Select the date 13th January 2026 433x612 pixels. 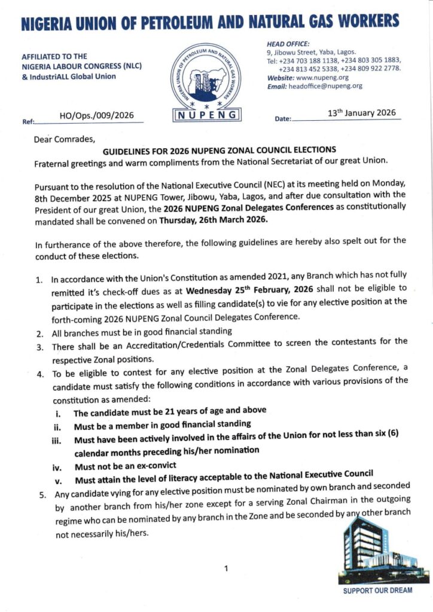[361, 112]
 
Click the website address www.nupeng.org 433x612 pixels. [322, 78]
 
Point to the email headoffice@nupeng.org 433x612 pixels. [325, 86]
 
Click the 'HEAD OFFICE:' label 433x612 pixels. [288, 44]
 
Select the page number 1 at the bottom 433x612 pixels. [225, 568]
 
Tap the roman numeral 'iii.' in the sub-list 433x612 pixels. [57, 439]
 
